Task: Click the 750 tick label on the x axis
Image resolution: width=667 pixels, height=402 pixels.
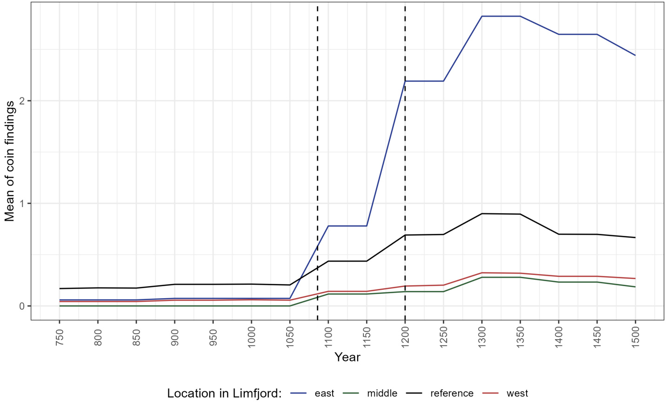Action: (x=60, y=336)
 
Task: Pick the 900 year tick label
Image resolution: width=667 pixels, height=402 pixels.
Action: (x=174, y=336)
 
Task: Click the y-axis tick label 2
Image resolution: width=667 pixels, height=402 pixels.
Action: (x=21, y=101)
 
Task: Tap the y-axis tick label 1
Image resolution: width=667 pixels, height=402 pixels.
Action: (x=21, y=203)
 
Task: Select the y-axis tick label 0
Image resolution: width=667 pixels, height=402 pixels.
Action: (x=21, y=306)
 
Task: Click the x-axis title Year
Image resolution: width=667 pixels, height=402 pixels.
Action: (x=347, y=357)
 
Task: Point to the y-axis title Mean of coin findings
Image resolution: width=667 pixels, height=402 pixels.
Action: (x=10, y=161)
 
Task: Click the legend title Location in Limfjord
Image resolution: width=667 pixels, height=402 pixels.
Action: (x=225, y=394)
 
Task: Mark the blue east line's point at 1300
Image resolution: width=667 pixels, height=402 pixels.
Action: (x=482, y=16)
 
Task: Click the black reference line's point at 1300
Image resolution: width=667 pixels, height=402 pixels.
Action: (x=482, y=214)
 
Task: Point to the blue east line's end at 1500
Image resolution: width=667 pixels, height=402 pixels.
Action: (x=635, y=55)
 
